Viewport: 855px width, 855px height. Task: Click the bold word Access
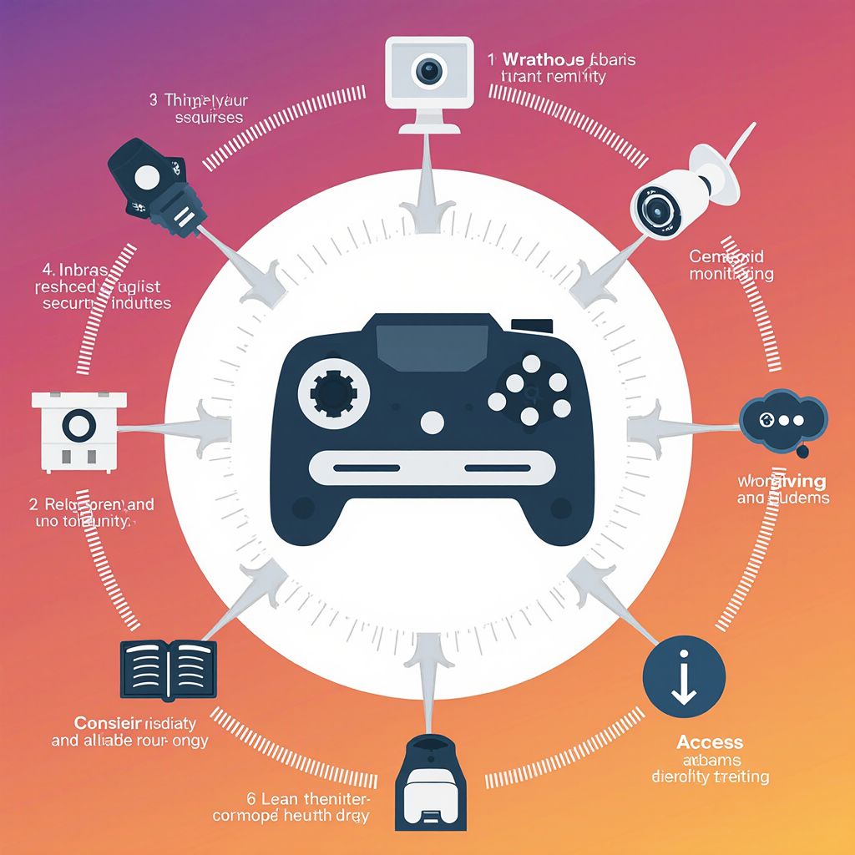pos(710,742)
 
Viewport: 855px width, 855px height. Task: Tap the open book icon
pos(169,669)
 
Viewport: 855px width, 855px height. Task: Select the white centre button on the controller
pos(432,422)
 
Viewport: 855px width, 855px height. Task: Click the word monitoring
pos(731,273)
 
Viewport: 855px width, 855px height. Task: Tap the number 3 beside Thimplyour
pos(154,100)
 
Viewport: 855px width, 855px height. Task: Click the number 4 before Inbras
pos(46,270)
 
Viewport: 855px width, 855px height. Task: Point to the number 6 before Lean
pos(251,797)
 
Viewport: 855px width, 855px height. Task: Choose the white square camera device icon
pos(78,427)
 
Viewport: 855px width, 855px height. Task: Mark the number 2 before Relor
pos(35,504)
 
